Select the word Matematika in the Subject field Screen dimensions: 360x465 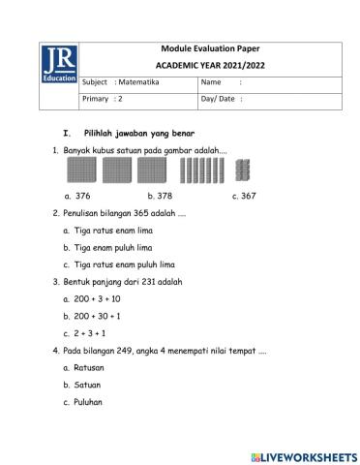point(140,83)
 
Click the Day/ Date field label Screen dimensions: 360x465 point(220,98)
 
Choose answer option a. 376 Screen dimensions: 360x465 point(76,195)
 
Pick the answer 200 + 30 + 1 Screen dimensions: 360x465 point(97,315)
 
